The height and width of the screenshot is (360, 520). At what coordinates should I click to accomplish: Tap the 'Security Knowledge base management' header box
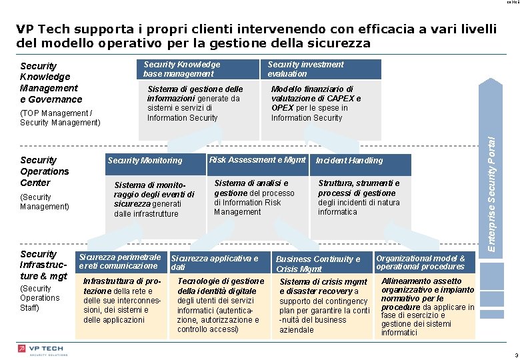point(182,69)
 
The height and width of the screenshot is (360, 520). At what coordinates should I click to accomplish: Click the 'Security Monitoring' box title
point(145,160)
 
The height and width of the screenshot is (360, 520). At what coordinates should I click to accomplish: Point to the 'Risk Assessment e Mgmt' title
point(257,159)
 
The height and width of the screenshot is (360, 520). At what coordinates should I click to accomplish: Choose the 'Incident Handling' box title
point(349,160)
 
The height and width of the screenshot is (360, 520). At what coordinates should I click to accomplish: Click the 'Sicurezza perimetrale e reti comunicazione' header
point(120,261)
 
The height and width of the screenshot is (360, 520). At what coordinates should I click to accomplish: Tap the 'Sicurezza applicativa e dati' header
point(215,263)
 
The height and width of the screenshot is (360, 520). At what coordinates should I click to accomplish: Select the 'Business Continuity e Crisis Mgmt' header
point(318,264)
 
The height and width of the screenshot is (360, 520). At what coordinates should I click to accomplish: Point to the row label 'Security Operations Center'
point(44,171)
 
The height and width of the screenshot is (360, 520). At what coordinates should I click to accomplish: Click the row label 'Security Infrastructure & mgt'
point(43,265)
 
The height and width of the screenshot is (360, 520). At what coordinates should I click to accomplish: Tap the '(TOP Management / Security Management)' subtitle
point(60,118)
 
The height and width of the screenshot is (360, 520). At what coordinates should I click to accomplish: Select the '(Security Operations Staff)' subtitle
point(40,298)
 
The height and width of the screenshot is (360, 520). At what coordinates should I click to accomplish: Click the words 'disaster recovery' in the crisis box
point(317,291)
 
